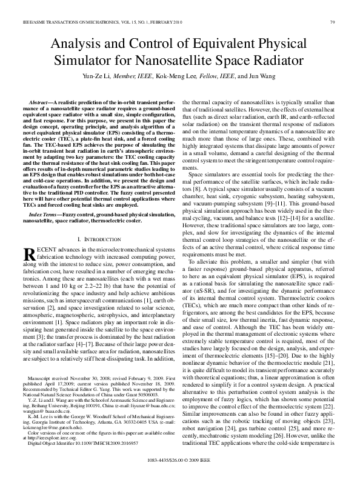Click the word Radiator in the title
(x=277, y=60)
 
